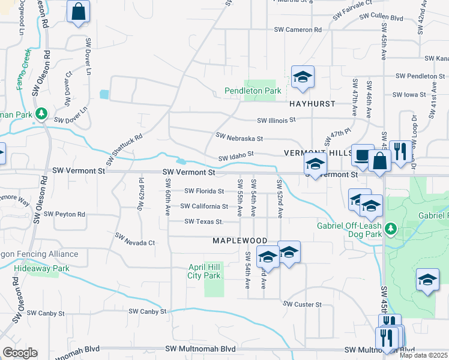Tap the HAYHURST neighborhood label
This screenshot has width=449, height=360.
click(312, 104)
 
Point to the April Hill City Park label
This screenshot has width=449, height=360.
click(196, 271)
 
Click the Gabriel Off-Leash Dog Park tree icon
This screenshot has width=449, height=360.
click(391, 228)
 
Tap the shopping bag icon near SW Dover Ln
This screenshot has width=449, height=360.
click(79, 12)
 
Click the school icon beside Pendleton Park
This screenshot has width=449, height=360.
click(303, 77)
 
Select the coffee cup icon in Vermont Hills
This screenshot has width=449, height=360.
click(362, 155)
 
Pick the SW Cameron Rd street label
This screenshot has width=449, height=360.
click(298, 29)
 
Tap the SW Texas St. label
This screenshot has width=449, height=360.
click(203, 221)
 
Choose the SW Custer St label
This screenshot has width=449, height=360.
click(304, 305)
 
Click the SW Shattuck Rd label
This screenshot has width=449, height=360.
click(124, 149)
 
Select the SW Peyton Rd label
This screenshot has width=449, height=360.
click(69, 214)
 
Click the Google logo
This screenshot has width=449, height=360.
click(19, 353)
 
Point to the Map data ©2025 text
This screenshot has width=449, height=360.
click(423, 355)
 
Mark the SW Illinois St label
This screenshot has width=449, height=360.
click(277, 120)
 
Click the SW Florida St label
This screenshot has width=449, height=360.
click(204, 191)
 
